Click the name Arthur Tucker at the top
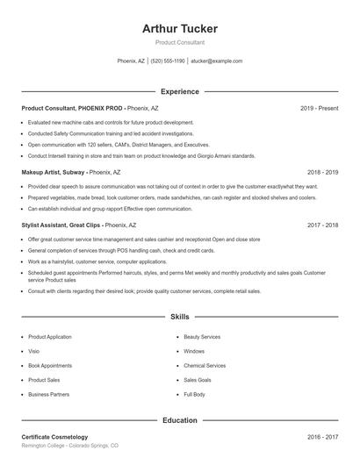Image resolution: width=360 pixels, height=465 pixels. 179,29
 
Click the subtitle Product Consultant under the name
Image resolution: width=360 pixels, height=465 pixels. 179,42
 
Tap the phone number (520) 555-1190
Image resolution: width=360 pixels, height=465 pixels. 168,61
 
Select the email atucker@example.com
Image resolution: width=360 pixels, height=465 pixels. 217,61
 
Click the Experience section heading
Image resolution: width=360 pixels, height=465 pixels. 179,91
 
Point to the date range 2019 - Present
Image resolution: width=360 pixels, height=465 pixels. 319,108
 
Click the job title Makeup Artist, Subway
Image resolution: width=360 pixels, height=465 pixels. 54,173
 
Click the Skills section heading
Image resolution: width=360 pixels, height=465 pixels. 179,316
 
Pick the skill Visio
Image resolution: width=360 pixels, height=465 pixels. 35,351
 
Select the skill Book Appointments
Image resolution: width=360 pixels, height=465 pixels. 49,366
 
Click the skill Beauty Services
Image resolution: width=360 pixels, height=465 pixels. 202,337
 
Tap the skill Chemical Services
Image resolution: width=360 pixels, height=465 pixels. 205,366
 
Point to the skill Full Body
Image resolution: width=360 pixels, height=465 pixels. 194,395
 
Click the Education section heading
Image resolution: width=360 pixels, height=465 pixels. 179,420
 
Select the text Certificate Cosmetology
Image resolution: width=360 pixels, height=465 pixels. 54,437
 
